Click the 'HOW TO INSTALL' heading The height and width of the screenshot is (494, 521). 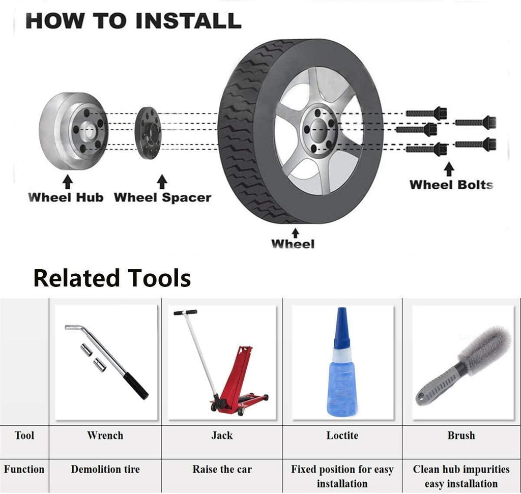(x=133, y=20)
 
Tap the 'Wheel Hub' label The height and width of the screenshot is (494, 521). (x=66, y=197)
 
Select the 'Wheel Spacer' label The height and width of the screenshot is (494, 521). (x=162, y=198)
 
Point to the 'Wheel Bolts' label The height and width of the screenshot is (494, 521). (x=451, y=185)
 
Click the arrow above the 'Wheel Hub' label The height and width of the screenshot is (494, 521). (x=68, y=182)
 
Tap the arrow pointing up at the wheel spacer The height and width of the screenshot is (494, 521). (x=162, y=182)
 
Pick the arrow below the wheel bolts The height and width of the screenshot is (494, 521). (x=449, y=169)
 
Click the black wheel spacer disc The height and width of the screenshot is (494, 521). (x=148, y=133)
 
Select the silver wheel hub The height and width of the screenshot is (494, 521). (x=73, y=131)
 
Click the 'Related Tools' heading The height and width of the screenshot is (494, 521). (x=112, y=278)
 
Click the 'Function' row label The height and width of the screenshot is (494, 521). (x=24, y=469)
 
